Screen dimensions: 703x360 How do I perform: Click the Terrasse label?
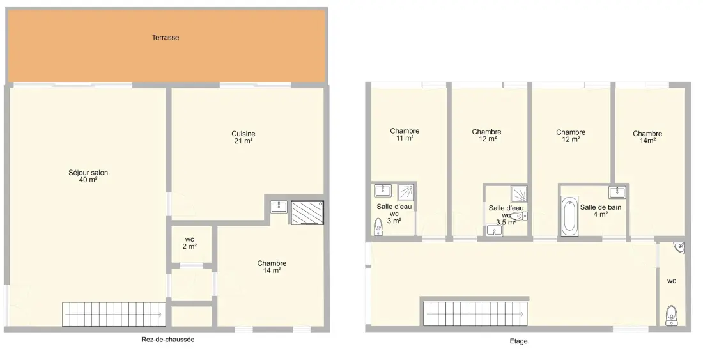click(x=166, y=38)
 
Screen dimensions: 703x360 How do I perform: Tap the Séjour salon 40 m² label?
click(x=88, y=176)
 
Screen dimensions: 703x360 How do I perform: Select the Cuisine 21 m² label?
click(x=243, y=137)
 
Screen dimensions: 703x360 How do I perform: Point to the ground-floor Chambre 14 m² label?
click(x=272, y=267)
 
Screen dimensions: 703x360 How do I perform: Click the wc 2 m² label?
click(x=190, y=242)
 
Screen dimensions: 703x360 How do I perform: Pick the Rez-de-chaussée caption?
click(x=168, y=340)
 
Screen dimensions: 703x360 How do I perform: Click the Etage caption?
click(x=519, y=341)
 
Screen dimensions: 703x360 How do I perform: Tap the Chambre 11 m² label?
click(x=405, y=134)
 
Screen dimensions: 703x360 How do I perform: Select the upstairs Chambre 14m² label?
click(x=647, y=137)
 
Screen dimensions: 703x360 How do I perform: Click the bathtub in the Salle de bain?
click(x=569, y=215)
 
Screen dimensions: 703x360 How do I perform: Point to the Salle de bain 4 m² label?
click(x=601, y=211)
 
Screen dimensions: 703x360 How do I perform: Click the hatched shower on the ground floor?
click(x=307, y=212)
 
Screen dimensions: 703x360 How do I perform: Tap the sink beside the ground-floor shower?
click(x=279, y=207)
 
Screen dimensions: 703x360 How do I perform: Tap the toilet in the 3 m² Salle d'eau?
click(x=379, y=227)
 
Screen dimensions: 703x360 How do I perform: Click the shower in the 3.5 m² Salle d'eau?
click(x=519, y=194)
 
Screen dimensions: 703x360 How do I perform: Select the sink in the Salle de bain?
click(x=617, y=192)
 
